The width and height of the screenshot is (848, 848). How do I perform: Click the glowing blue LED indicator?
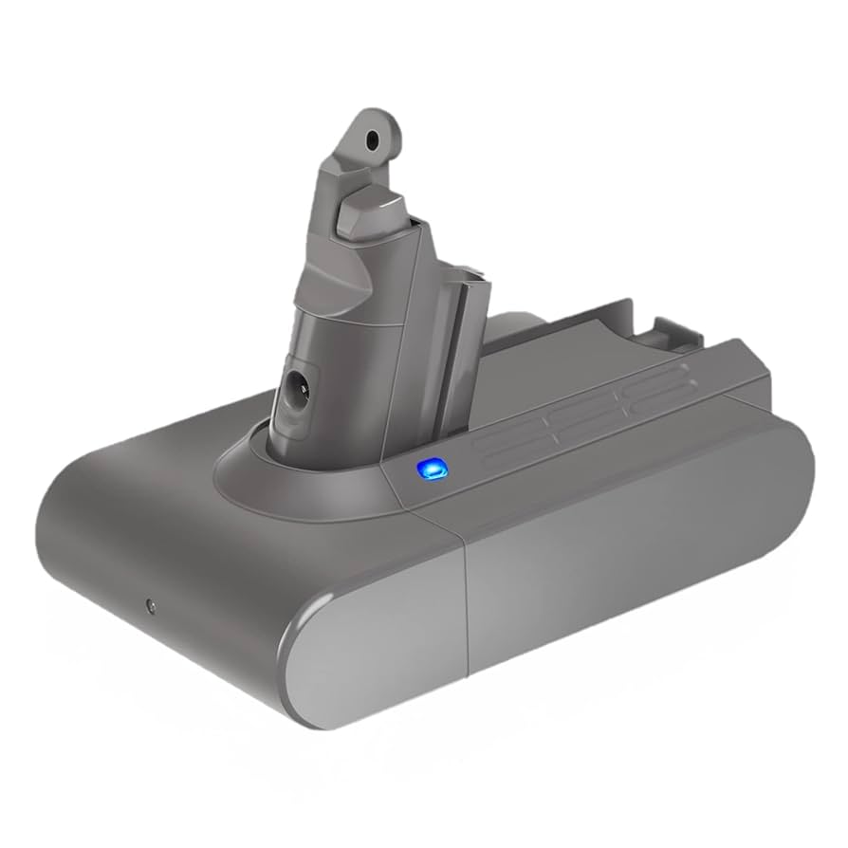[x=428, y=467]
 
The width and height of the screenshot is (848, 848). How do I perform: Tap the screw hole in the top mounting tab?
[x=372, y=139]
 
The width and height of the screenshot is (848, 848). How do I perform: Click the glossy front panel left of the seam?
[x=379, y=645]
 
